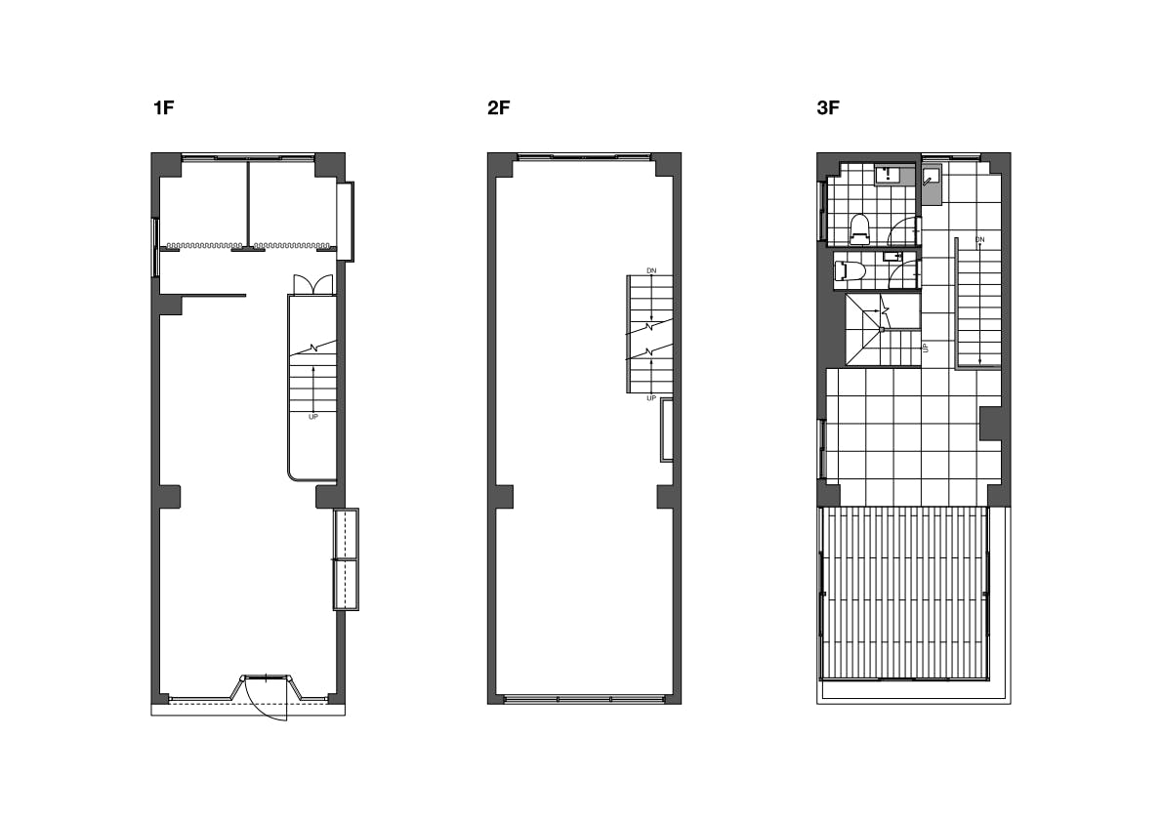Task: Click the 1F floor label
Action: click(x=163, y=107)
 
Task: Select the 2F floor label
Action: click(x=499, y=107)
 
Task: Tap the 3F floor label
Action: click(x=828, y=107)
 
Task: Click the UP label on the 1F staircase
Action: click(x=312, y=417)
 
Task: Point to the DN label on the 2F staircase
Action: click(x=651, y=271)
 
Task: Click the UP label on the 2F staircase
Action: click(x=651, y=398)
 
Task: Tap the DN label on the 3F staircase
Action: click(x=979, y=240)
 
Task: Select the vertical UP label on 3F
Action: click(x=926, y=347)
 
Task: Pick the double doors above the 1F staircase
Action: click(x=312, y=285)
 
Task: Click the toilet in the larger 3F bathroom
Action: click(x=859, y=229)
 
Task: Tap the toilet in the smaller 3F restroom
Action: click(x=850, y=270)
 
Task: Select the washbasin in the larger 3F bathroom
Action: click(x=888, y=175)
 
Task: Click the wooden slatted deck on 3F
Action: click(x=905, y=593)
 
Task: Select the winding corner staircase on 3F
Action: click(x=883, y=330)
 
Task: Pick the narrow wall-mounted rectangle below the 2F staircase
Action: click(x=667, y=430)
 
